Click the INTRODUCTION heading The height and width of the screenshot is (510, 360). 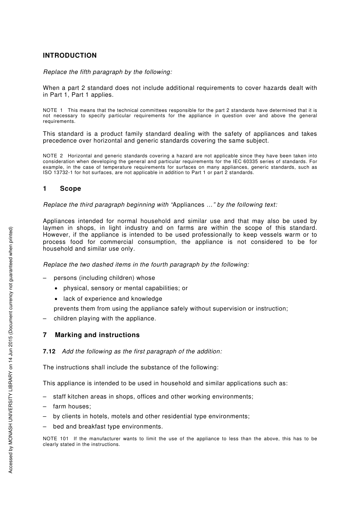[70, 56]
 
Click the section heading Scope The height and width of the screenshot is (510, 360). [70, 189]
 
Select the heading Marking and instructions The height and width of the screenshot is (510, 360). [97, 335]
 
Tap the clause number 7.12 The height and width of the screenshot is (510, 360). [49, 352]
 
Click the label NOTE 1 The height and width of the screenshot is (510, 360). [53, 110]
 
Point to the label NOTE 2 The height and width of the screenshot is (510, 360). [53, 156]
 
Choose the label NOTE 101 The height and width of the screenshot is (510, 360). [56, 439]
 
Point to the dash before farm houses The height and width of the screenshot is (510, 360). [45, 406]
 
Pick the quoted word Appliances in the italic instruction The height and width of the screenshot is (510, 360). [188, 205]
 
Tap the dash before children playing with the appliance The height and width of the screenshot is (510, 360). [45, 319]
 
